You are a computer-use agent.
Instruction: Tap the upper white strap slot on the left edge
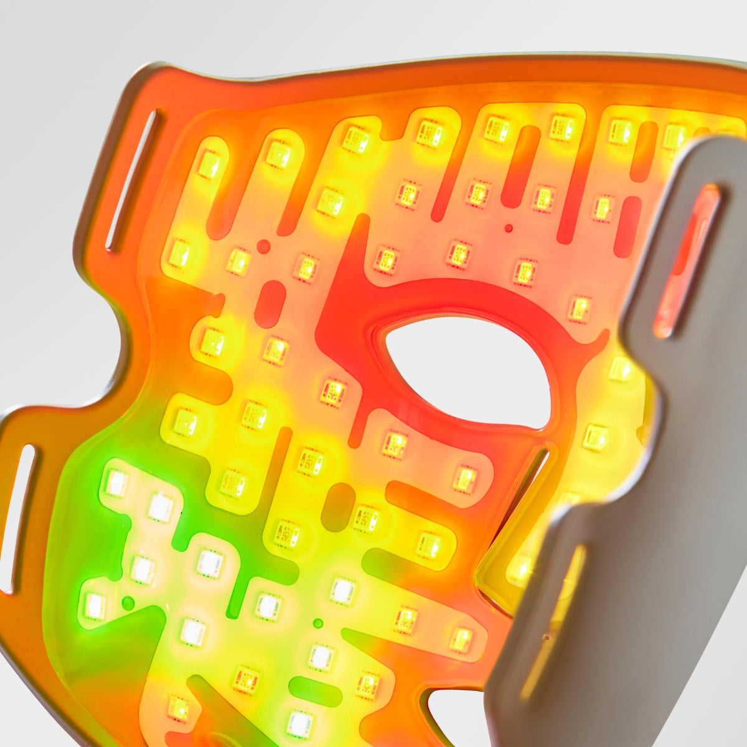click(132, 180)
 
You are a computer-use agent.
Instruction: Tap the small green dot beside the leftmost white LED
click(128, 603)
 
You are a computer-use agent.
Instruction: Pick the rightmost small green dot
click(318, 623)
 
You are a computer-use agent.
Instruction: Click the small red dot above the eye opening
click(509, 228)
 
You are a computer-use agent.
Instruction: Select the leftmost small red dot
click(263, 247)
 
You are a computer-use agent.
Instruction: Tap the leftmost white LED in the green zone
click(95, 606)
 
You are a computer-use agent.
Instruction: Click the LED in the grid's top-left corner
click(209, 164)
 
